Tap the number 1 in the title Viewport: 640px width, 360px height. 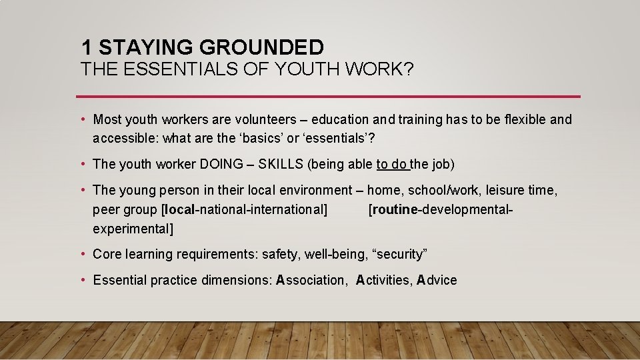click(x=87, y=47)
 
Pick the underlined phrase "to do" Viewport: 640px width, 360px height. click(x=391, y=164)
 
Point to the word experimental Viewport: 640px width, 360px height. click(x=131, y=229)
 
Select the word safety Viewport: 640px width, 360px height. click(x=280, y=254)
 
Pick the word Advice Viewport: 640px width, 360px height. click(x=437, y=280)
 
